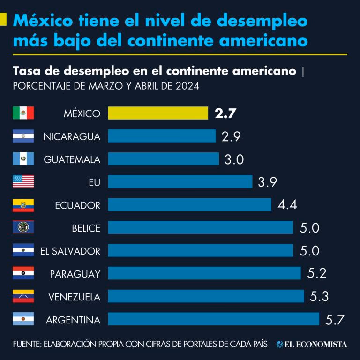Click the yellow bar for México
[158, 113]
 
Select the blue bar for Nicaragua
[162, 136]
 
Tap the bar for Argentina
[213, 319]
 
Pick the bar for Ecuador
[189, 205]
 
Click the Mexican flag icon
[23, 113]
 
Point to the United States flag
[23, 182]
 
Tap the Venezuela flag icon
[23, 296]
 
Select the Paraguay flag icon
[23, 273]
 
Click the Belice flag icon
[23, 228]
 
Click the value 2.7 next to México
[225, 113]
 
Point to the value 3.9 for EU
[268, 182]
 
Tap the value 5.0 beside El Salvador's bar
[309, 251]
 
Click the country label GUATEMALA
[72, 159]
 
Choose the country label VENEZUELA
[74, 297]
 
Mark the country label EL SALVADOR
[70, 251]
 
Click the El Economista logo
[312, 344]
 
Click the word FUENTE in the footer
[26, 344]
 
